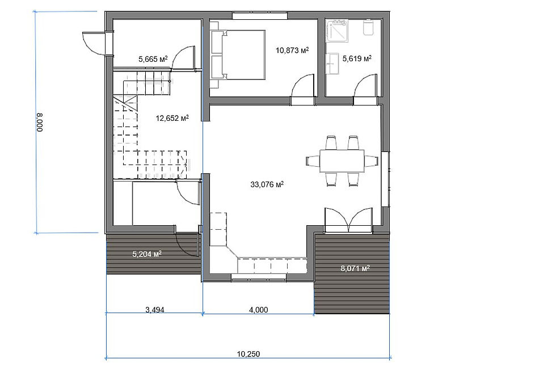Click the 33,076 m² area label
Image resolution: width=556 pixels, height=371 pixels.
pos(267,184)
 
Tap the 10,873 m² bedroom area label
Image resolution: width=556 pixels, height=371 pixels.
pos(292,50)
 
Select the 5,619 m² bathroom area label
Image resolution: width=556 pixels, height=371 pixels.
pos(357,58)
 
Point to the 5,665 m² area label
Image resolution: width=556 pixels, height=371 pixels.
pos(153,59)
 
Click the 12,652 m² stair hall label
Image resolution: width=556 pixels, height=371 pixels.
pos(172,118)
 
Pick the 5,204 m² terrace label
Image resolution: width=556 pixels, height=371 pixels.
pos(147,254)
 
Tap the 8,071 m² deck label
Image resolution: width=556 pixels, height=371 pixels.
pos(355,268)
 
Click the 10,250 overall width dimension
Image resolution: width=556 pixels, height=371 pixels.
pos(248,354)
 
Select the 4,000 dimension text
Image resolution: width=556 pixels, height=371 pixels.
pos(259,310)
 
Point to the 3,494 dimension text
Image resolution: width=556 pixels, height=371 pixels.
pos(155,310)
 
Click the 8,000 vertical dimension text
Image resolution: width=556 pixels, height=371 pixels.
pos(39,123)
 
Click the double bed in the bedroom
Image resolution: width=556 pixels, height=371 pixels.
pos(238,54)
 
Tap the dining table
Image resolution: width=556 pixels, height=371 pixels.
pos(342,161)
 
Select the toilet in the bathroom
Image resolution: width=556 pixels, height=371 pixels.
pos(369,28)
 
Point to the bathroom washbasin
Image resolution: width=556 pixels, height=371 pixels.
pos(332,64)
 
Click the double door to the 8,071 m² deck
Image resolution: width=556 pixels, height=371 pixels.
pos(348,220)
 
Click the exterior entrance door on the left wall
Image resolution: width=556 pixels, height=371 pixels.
pos(93,43)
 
